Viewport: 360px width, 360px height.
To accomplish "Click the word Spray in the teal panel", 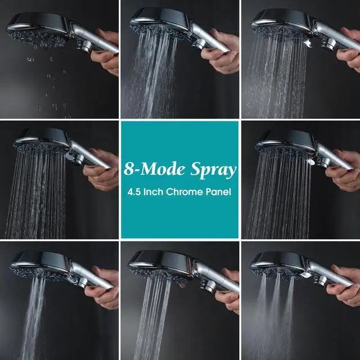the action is (x=213, y=170).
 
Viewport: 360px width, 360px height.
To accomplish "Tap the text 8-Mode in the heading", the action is (x=155, y=169).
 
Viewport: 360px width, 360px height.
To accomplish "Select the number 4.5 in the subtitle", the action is (x=134, y=192).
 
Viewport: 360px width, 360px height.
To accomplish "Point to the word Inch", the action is (x=153, y=192).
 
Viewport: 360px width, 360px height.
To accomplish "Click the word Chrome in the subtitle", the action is (x=184, y=192).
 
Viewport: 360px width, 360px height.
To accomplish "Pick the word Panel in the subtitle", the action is (x=218, y=192).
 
